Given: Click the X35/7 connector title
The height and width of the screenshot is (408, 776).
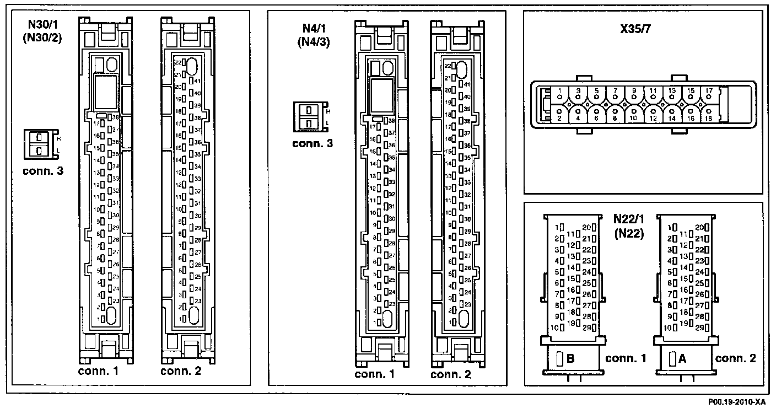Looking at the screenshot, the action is pyautogui.click(x=635, y=29).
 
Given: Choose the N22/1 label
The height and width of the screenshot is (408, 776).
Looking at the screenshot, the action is pyautogui.click(x=629, y=219).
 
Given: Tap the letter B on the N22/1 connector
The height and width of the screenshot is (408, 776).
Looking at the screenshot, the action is pyautogui.click(x=570, y=359).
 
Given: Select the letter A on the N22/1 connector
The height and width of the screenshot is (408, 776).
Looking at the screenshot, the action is pyautogui.click(x=682, y=359).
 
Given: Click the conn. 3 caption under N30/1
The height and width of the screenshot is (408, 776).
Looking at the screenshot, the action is pyautogui.click(x=43, y=171).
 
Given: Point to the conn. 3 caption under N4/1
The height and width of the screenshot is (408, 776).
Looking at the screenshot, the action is pyautogui.click(x=312, y=143).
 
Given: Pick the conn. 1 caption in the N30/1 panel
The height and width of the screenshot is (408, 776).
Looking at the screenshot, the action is pyautogui.click(x=98, y=371).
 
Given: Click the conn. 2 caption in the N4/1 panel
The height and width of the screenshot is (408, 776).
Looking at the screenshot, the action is pyautogui.click(x=451, y=375).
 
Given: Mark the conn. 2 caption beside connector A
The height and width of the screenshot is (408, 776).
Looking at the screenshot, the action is pyautogui.click(x=736, y=358).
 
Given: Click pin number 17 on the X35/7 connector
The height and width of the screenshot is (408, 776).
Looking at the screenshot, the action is pyautogui.click(x=709, y=90).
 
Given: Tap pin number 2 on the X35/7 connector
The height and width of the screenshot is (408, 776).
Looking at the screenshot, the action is pyautogui.click(x=559, y=118).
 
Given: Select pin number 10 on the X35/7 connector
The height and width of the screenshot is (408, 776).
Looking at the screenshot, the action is pyautogui.click(x=634, y=118).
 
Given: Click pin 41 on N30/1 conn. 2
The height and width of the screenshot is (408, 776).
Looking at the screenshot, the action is pyautogui.click(x=197, y=81).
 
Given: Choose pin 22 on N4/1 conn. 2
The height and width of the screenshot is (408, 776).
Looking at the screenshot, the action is pyautogui.click(x=448, y=65).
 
